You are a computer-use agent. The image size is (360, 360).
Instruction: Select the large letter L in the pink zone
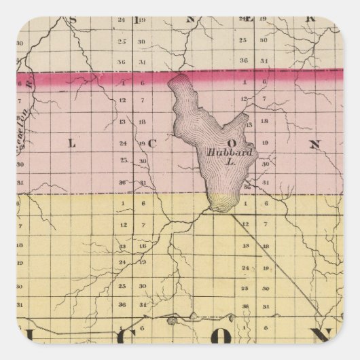tap(71, 143)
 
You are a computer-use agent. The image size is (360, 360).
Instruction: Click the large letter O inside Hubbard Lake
tap(231, 144)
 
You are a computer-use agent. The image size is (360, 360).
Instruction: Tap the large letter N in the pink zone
tap(314, 143)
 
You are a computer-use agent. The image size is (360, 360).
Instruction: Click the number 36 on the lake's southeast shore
tap(247, 185)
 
